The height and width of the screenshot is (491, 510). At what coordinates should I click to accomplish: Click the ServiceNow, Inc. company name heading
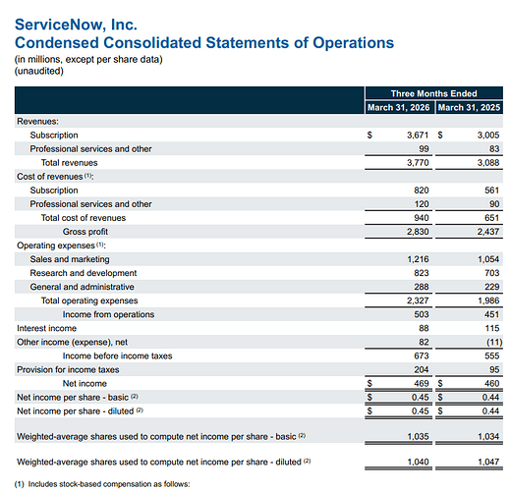[x=76, y=25]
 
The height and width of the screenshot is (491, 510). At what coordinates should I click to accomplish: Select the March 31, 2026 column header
[x=398, y=107]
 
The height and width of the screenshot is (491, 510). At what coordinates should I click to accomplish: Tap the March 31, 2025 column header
[x=469, y=107]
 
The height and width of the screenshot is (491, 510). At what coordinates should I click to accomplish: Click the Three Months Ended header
[x=433, y=93]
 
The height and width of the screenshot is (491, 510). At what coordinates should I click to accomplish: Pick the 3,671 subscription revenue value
[x=418, y=135]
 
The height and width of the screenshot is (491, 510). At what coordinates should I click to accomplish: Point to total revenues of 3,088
[x=488, y=163]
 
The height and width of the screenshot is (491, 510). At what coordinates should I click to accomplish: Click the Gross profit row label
[x=85, y=232]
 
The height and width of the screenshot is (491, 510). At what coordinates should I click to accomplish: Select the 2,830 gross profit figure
[x=418, y=232]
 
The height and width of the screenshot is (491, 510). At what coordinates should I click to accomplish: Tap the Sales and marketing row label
[x=70, y=259]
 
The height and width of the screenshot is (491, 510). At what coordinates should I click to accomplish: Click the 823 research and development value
[x=422, y=273]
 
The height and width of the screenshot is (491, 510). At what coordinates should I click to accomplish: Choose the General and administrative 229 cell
[x=492, y=287]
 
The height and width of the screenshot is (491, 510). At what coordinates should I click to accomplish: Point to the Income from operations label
[x=108, y=314]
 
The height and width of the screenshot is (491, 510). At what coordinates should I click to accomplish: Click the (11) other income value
[x=494, y=342]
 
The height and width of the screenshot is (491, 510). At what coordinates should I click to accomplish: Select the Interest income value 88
[x=424, y=328]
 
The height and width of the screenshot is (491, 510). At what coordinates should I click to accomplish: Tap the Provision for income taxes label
[x=68, y=369]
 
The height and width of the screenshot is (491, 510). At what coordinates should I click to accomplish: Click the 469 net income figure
[x=422, y=383]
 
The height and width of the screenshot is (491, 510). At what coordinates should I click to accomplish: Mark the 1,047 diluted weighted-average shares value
[x=488, y=462]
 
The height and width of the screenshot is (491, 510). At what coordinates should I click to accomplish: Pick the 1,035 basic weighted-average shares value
[x=418, y=436]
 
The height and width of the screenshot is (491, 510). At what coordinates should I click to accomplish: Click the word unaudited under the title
[x=39, y=71]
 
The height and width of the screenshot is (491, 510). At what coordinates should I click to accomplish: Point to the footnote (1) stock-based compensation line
[x=102, y=484]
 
